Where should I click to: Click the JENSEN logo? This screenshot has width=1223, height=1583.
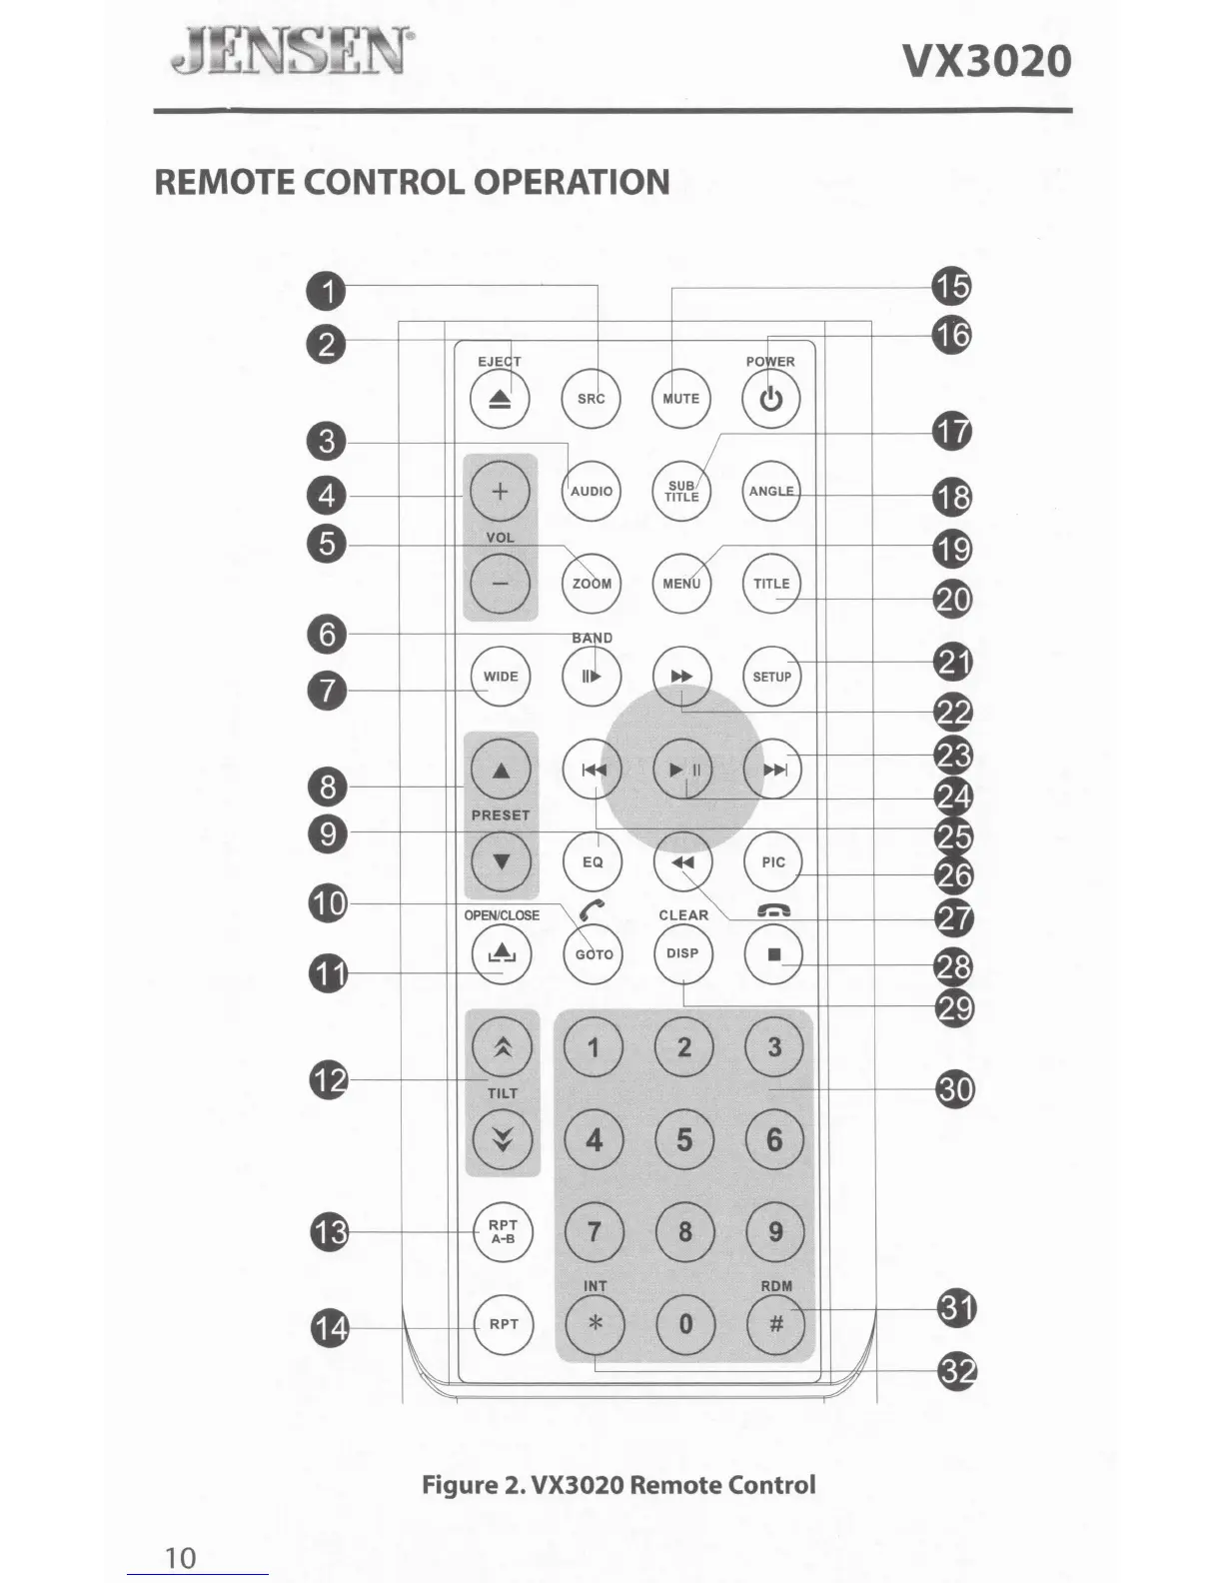291,52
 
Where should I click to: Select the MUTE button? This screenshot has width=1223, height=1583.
681,399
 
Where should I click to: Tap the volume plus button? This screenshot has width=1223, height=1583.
500,491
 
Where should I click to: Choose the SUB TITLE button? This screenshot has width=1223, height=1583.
681,492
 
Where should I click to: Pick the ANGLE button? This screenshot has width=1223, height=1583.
771,491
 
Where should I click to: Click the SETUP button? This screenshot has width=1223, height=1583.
771,677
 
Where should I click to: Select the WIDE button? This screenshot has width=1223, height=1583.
501,677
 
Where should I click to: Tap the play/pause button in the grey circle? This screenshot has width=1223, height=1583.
683,770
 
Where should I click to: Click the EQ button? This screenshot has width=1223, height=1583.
593,861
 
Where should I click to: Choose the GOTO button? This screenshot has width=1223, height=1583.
594,954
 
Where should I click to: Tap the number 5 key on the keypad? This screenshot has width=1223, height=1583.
684,1140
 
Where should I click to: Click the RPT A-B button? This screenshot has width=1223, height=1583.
503,1232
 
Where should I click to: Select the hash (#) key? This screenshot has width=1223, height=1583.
775,1324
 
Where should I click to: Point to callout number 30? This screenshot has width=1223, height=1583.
955,1087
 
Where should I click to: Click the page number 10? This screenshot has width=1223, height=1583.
181,1557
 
